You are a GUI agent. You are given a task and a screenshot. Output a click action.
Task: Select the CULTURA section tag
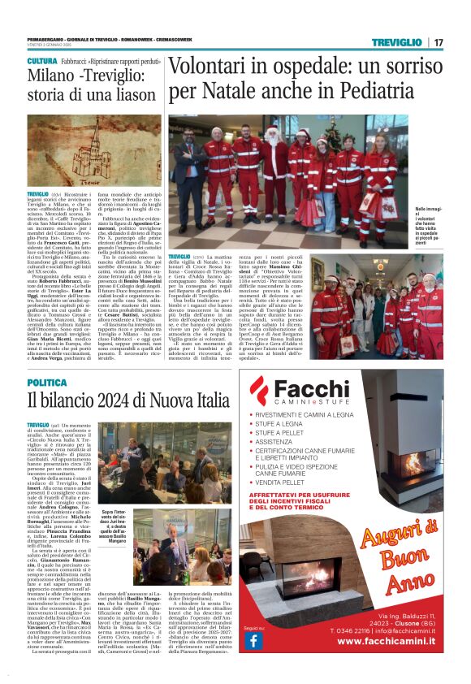pyautogui.click(x=41, y=61)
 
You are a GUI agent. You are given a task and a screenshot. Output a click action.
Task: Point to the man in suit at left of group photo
pyautogui.click(x=184, y=162)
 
